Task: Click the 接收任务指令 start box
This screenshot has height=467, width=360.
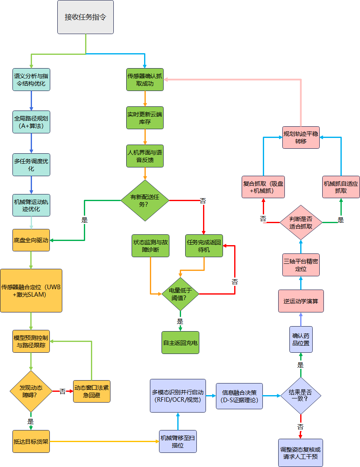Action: tap(85, 17)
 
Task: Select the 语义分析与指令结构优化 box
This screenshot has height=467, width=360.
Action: tap(31, 79)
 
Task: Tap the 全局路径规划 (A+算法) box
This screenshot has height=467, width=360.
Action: tap(31, 122)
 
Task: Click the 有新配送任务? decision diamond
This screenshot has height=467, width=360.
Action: tap(145, 200)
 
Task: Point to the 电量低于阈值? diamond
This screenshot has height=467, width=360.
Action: tap(180, 294)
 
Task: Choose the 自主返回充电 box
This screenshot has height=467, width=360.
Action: tap(180, 342)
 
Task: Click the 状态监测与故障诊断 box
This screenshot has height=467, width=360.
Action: tap(150, 246)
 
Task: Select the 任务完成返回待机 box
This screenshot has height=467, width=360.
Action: tap(204, 246)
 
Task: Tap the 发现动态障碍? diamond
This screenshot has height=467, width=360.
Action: tap(31, 391)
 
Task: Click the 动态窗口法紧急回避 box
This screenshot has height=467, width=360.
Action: tap(92, 391)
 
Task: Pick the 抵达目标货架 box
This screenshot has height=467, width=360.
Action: tap(31, 441)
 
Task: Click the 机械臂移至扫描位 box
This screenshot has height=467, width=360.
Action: tap(178, 441)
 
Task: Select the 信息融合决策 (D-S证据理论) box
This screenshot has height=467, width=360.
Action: tap(239, 396)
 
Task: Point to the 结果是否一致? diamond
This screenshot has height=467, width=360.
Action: tap(301, 396)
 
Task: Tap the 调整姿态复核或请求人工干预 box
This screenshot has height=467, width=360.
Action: tap(301, 453)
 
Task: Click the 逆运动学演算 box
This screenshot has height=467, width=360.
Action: tap(301, 301)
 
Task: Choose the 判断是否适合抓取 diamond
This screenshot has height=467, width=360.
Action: tap(301, 222)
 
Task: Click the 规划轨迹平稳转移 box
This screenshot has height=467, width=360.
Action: tap(301, 137)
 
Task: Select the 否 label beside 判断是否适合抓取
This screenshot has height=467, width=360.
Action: tap(263, 218)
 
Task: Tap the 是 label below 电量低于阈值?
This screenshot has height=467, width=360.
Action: tap(180, 321)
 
